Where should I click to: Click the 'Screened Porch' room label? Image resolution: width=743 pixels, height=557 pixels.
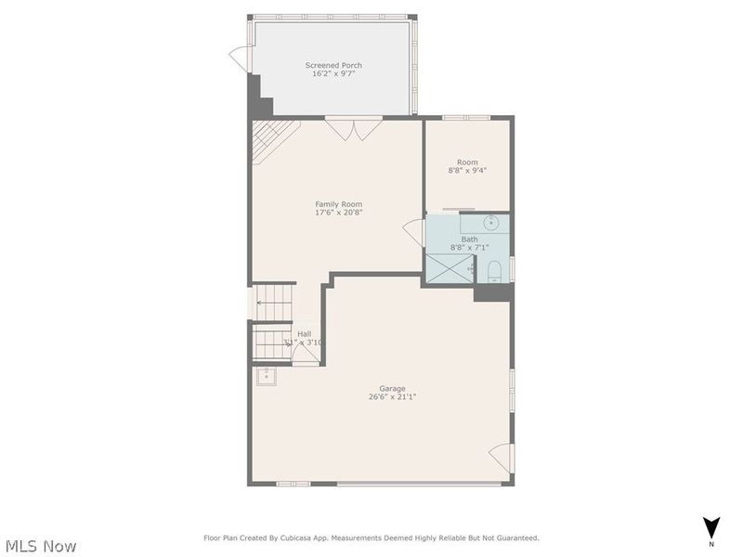tap(333, 65)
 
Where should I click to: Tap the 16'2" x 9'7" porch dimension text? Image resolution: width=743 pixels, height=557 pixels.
tap(333, 74)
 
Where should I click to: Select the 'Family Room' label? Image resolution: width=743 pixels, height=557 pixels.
tap(338, 204)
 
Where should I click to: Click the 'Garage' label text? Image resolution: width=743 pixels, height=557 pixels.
tap(392, 388)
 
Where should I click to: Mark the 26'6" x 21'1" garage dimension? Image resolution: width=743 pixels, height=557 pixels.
tap(392, 397)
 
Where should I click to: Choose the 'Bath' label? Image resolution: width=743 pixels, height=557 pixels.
tap(469, 240)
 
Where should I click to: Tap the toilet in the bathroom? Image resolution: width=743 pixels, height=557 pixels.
tap(495, 270)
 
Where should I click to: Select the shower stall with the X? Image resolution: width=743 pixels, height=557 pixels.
tap(446, 267)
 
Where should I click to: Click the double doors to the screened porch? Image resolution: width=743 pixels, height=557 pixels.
tap(354, 127)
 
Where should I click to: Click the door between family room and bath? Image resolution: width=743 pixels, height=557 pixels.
tap(412, 232)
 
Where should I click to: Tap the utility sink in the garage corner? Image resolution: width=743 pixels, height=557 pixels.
tap(267, 375)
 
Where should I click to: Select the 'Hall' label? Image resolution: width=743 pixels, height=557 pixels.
tap(304, 333)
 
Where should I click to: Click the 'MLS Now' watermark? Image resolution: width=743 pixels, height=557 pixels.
tap(40, 546)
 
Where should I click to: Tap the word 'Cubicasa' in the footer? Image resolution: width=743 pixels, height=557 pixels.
tap(316, 538)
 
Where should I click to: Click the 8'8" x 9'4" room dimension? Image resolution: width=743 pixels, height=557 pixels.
tap(467, 171)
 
